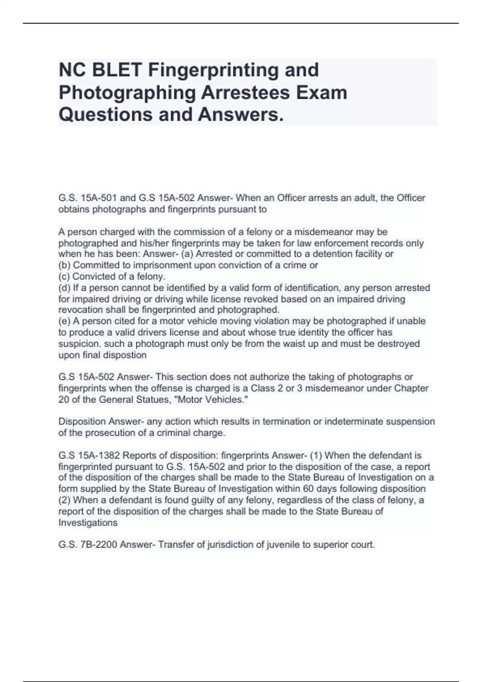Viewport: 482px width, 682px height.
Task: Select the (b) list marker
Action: [x=65, y=265]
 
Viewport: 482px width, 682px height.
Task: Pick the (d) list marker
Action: [x=65, y=288]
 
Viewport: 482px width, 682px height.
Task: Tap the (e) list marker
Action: [x=65, y=321]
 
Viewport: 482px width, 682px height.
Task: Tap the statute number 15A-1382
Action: [x=100, y=455]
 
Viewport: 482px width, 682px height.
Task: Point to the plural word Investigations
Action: [x=88, y=522]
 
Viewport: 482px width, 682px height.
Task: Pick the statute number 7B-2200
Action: [x=98, y=545]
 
